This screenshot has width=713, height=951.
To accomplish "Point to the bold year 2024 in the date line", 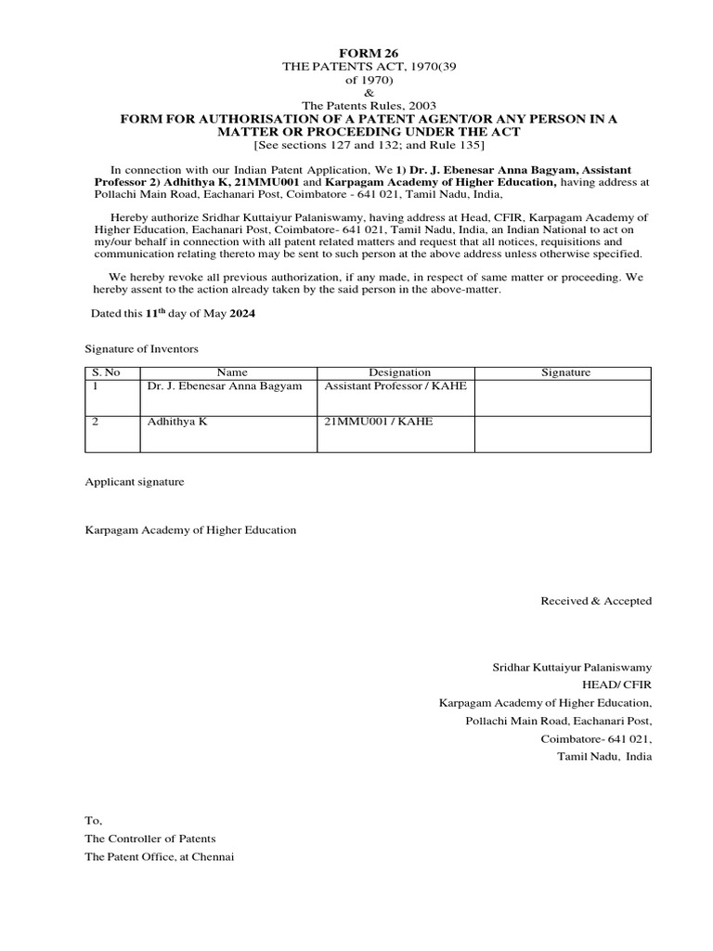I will (241, 314).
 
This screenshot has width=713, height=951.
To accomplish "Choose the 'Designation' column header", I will (395, 372).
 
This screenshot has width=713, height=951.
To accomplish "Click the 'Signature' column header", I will (564, 372).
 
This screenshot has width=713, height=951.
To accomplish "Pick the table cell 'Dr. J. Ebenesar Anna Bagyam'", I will (225, 385).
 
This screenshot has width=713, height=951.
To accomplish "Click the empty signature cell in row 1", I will (564, 397).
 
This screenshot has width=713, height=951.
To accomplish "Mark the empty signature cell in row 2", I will (564, 434).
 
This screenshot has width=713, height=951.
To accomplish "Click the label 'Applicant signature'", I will (135, 482).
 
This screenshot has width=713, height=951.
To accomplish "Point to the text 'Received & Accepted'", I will (596, 601).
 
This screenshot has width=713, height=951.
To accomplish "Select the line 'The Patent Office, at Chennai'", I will (160, 856).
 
